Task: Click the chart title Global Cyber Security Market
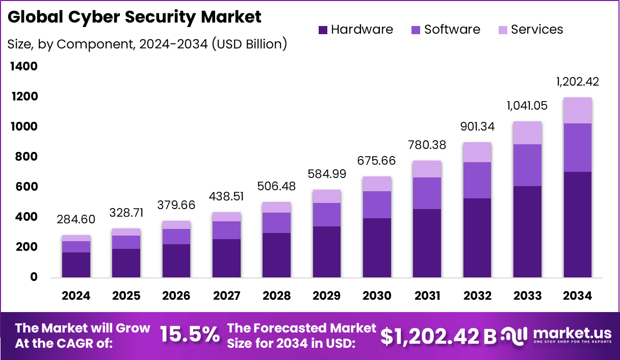point(135,17)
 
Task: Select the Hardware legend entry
point(355,30)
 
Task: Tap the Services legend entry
point(530,30)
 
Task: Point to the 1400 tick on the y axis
point(23,66)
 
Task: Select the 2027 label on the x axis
point(226,296)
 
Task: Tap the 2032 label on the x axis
point(478,296)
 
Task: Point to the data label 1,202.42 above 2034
point(577,82)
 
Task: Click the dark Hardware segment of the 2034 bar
point(577,224)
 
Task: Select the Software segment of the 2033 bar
point(527,165)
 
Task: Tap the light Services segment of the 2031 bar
point(427,169)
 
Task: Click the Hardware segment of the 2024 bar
point(76,265)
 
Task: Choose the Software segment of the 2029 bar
point(327,214)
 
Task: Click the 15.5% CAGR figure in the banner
point(190,335)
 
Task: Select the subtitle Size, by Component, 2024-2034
point(147,44)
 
